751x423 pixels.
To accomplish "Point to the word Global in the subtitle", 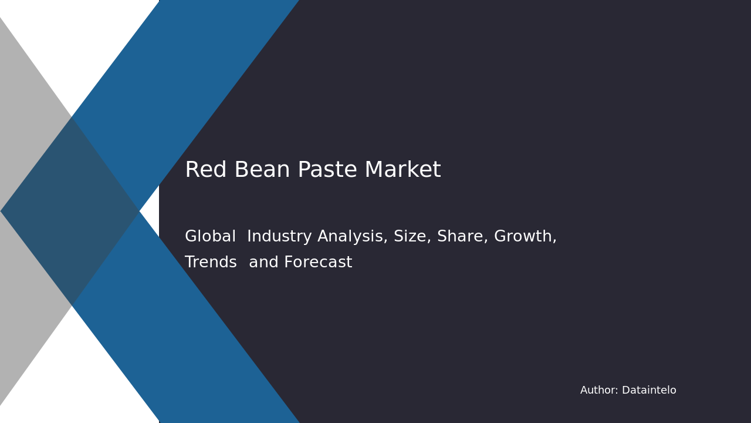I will tap(210, 237).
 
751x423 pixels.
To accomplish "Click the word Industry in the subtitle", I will tap(280, 237).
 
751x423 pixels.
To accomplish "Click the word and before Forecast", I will tap(263, 263).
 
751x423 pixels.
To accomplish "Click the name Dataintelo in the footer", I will tap(649, 391).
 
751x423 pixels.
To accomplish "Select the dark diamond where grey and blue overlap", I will tap(70, 211).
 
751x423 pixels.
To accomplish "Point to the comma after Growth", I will tap(554, 241).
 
